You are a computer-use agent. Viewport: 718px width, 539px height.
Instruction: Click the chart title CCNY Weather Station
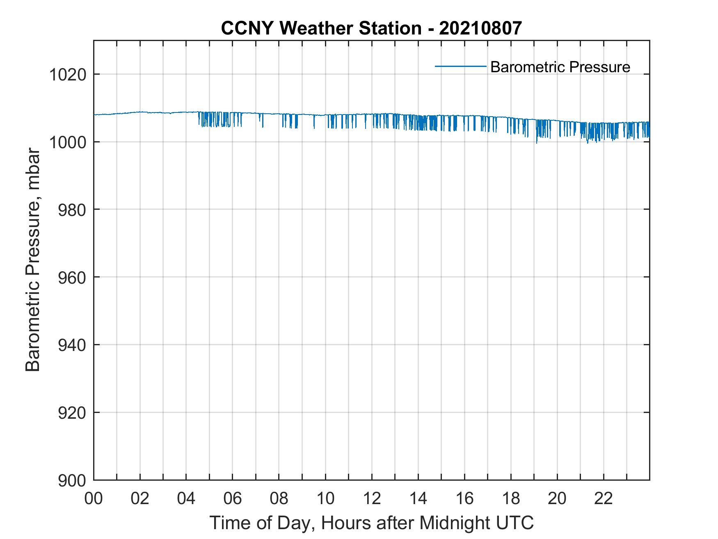321,28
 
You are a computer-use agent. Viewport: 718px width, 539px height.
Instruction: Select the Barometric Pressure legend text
560,67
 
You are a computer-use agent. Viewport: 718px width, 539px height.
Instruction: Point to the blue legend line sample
461,66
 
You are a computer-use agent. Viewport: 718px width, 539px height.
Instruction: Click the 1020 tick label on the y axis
68,75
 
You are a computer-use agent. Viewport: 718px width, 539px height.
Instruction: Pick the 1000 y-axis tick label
68,142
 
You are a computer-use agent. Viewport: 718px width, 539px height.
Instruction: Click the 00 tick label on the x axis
94,499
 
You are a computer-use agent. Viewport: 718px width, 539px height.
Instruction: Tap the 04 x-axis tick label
187,499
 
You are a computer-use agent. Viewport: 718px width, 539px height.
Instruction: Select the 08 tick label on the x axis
279,499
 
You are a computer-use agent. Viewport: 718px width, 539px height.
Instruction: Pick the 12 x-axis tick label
372,499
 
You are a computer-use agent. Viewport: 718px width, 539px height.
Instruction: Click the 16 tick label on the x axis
464,499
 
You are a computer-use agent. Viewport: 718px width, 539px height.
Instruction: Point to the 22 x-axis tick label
604,499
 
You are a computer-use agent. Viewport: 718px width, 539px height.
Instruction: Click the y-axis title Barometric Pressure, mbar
33,260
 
